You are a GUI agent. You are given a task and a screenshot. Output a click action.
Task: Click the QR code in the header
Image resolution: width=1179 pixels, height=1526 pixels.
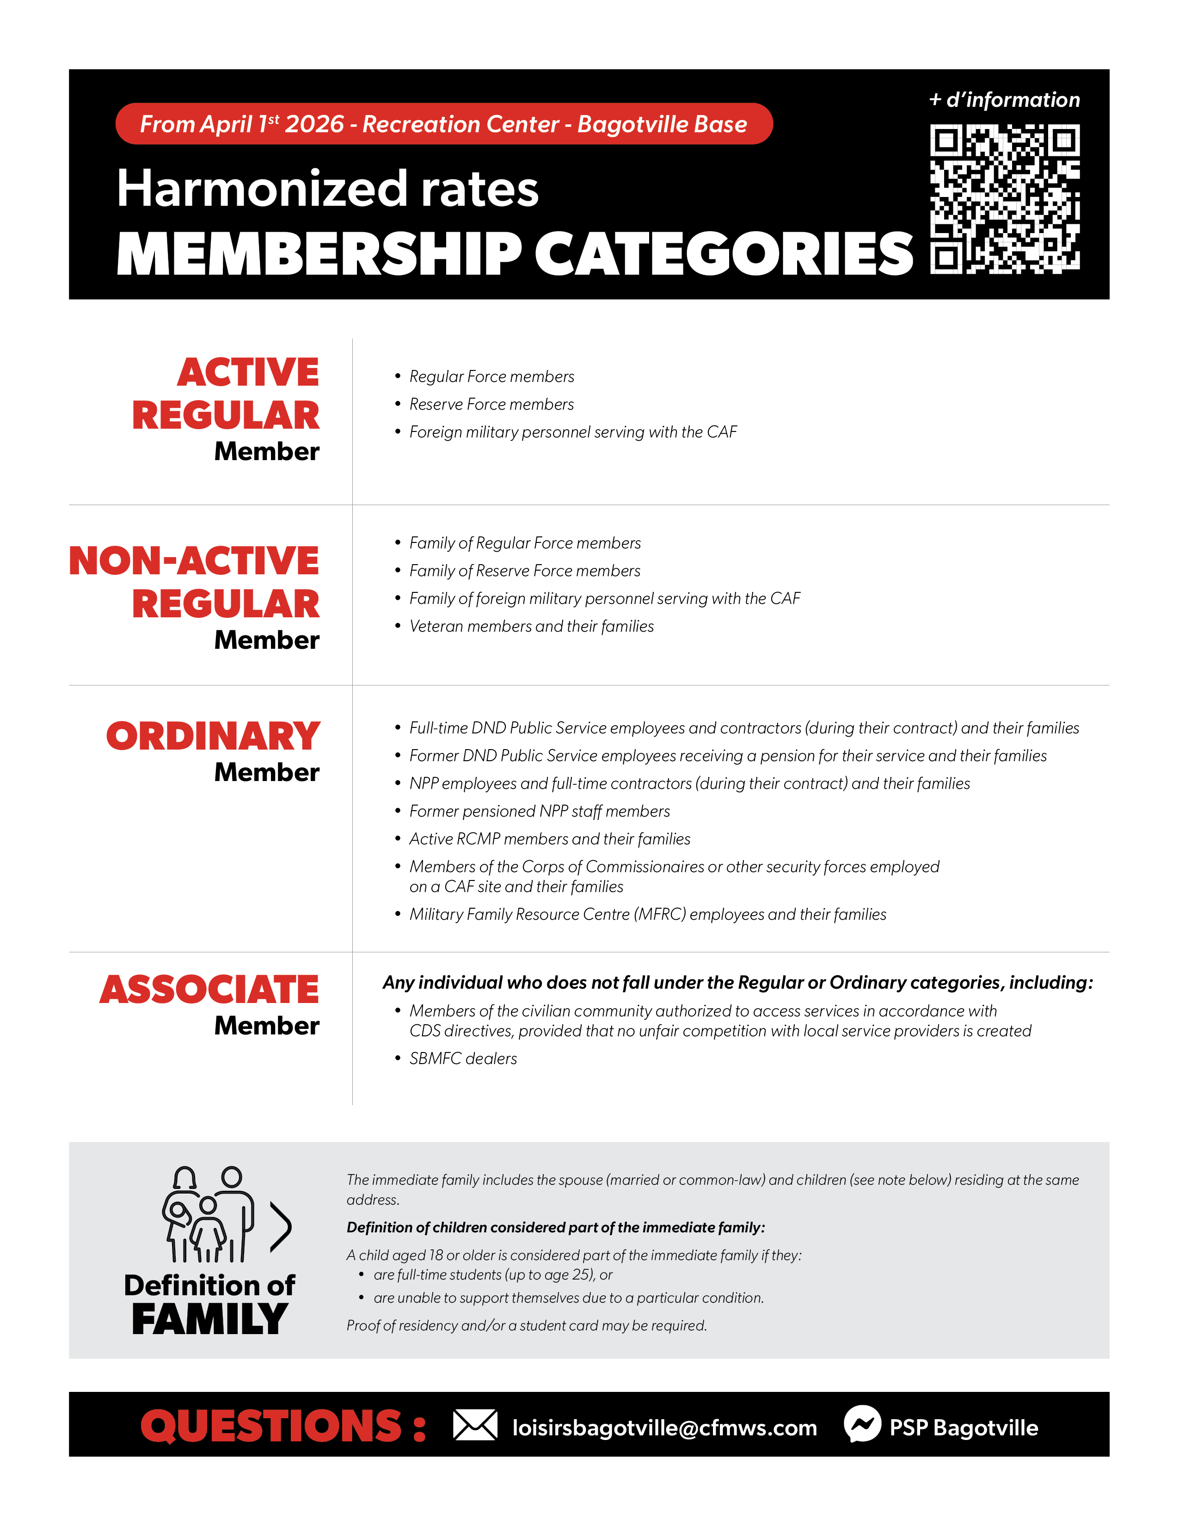pos(1004,199)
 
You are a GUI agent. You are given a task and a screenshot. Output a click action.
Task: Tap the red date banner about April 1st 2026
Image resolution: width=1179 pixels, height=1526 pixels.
pos(443,124)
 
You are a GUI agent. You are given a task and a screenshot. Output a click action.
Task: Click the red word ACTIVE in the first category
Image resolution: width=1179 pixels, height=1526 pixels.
pos(248,372)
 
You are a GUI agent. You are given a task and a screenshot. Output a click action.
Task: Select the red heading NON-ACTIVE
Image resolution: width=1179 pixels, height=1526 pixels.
pos(194,560)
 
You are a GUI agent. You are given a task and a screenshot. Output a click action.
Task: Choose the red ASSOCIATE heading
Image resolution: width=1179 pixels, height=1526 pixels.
pos(209,990)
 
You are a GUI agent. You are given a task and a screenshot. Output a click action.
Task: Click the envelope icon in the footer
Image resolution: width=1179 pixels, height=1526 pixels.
pos(475,1425)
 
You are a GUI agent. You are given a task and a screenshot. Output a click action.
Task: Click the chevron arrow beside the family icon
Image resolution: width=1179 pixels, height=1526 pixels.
pos(280,1227)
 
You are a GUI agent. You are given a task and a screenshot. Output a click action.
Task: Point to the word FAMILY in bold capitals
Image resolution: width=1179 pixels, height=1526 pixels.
pos(209,1319)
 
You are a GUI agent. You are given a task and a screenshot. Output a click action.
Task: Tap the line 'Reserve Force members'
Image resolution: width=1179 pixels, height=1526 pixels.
pos(491,405)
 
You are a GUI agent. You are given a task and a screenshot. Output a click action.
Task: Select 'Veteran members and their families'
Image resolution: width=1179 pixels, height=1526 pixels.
pos(531,626)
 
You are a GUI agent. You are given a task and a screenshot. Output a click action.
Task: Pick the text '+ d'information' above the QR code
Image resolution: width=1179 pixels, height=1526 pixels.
pos(1004,100)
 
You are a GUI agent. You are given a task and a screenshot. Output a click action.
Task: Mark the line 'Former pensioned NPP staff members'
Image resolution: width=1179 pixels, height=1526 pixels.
pos(539,811)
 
